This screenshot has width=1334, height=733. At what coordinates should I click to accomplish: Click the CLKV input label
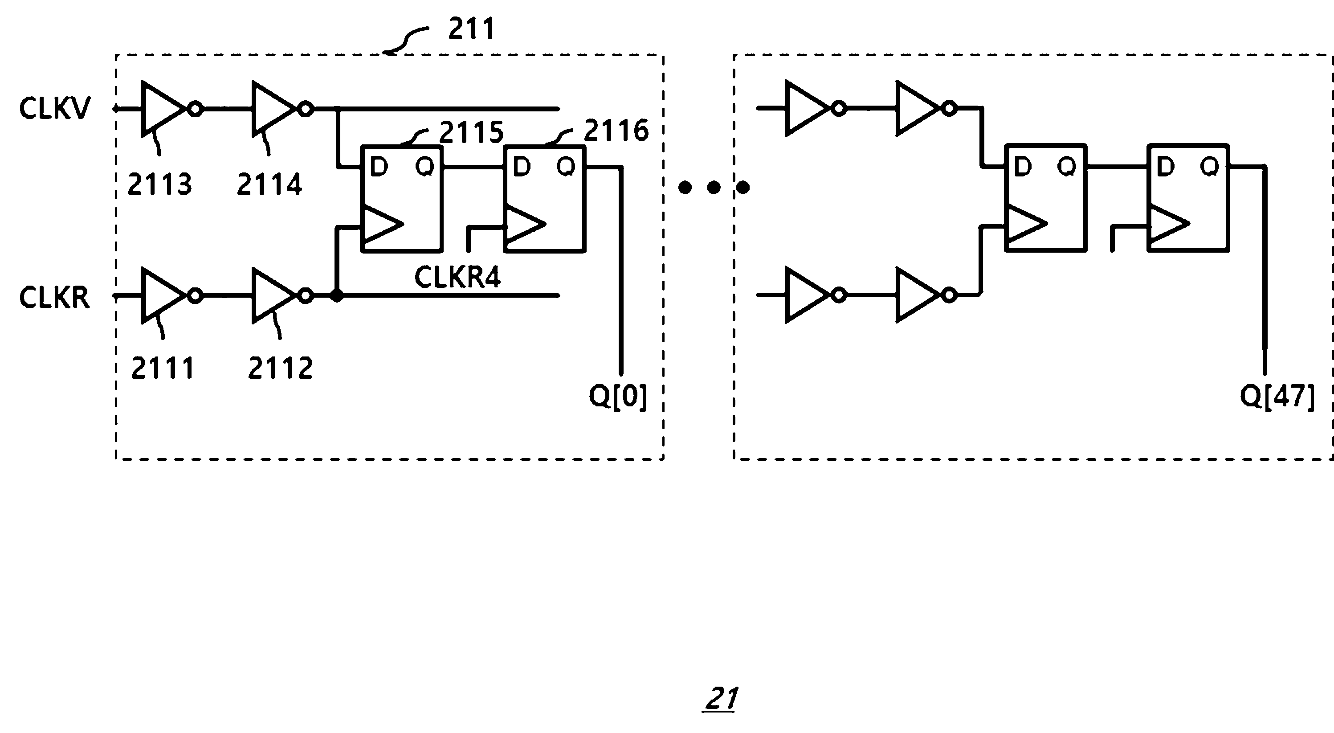pyautogui.click(x=54, y=109)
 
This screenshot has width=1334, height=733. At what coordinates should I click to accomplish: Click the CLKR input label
pyautogui.click(x=54, y=298)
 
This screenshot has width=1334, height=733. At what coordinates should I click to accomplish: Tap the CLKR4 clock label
pyautogui.click(x=457, y=277)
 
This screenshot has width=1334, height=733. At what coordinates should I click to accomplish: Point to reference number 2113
pyautogui.click(x=159, y=184)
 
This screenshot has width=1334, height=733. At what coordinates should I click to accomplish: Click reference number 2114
pyautogui.click(x=269, y=184)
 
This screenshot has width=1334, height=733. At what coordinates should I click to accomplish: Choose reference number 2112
pyautogui.click(x=280, y=369)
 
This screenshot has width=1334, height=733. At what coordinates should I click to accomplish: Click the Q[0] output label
pyautogui.click(x=618, y=397)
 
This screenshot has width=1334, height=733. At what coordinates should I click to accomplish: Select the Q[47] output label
pyautogui.click(x=1277, y=397)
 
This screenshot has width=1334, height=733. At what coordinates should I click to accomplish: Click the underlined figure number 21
pyautogui.click(x=721, y=699)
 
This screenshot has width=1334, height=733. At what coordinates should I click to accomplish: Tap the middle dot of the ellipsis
pyautogui.click(x=714, y=188)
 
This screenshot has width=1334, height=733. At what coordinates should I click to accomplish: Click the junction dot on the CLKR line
pyautogui.click(x=337, y=296)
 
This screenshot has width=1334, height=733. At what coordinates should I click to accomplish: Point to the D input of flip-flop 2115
pyautogui.click(x=379, y=167)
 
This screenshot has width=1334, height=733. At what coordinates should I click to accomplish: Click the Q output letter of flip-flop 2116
pyautogui.click(x=566, y=167)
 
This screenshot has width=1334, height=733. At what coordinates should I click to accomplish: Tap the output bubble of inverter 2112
pyautogui.click(x=306, y=296)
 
